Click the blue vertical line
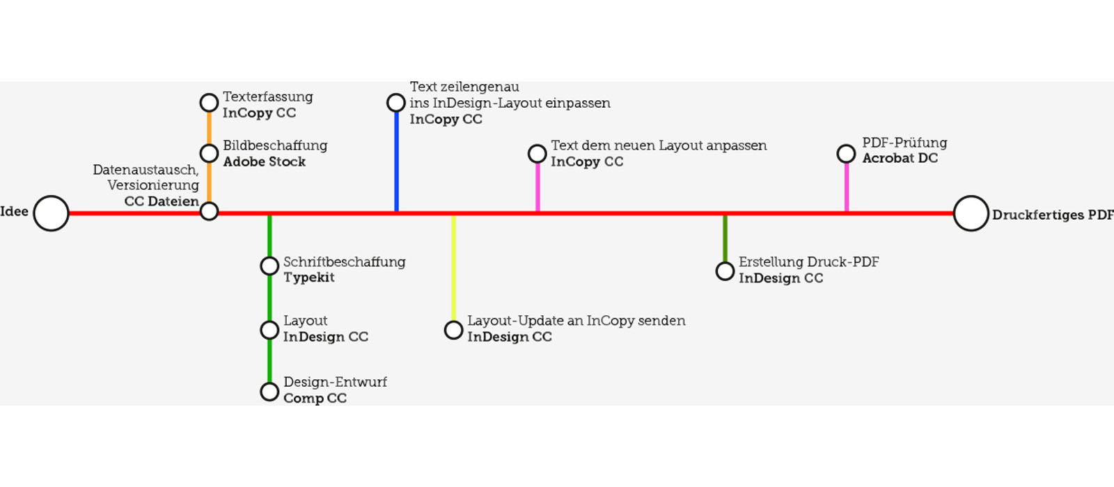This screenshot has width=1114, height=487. (396, 161)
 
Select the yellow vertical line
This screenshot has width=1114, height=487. (453, 269)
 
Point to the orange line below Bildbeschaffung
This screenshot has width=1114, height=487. (209, 182)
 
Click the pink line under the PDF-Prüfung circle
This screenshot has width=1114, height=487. (847, 187)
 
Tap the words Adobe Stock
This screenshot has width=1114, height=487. (264, 162)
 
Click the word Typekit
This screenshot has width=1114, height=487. (309, 278)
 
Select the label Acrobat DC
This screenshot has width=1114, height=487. (900, 159)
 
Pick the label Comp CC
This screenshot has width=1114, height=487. (315, 399)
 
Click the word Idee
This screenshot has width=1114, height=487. (14, 211)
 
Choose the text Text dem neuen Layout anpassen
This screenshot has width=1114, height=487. (659, 145)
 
